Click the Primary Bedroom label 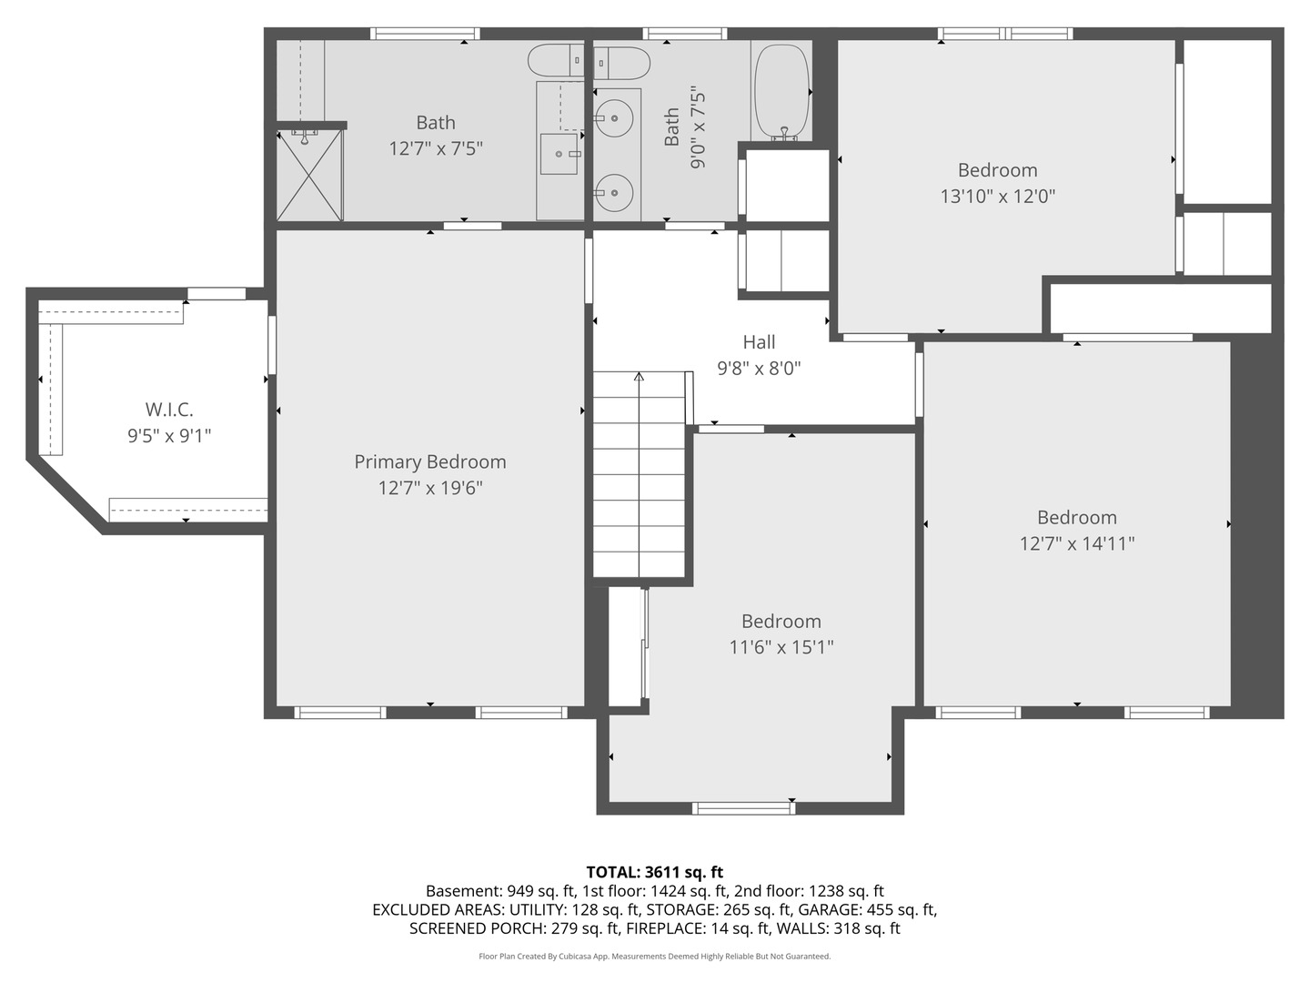point(429,461)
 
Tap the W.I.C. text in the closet point(169,410)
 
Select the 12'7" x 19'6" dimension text point(429,488)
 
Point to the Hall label point(759,342)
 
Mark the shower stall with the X point(309,175)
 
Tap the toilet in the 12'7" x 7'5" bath point(554,60)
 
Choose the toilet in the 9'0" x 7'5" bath point(623,63)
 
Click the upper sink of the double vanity point(615,117)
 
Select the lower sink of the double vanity point(615,192)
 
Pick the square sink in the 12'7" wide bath point(559,154)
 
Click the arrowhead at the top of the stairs point(639,377)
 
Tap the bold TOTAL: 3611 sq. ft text point(654,872)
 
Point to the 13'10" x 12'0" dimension point(997,196)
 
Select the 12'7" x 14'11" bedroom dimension point(1076,543)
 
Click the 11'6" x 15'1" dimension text point(781,647)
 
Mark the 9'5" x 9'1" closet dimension point(169,436)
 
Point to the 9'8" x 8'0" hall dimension point(759,369)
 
